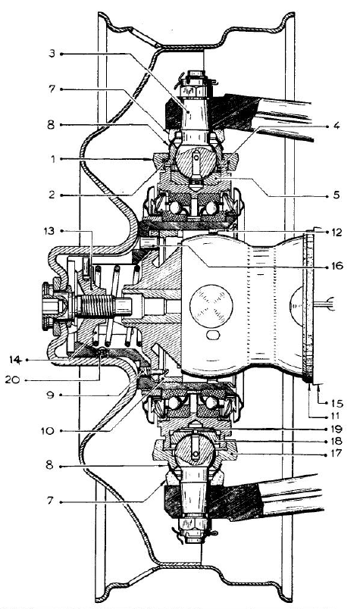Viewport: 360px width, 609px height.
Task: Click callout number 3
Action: tap(52, 53)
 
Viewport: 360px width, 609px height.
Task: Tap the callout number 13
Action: tap(50, 231)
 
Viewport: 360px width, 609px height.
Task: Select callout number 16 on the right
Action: tap(337, 266)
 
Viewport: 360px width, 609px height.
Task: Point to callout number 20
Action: tap(12, 379)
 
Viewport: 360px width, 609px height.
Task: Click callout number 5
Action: tap(336, 195)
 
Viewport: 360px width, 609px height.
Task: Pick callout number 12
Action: tap(336, 233)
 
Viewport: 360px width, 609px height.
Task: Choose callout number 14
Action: tap(15, 360)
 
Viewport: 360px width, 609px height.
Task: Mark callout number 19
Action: tap(336, 429)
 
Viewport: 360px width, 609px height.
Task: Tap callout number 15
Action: tap(337, 404)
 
